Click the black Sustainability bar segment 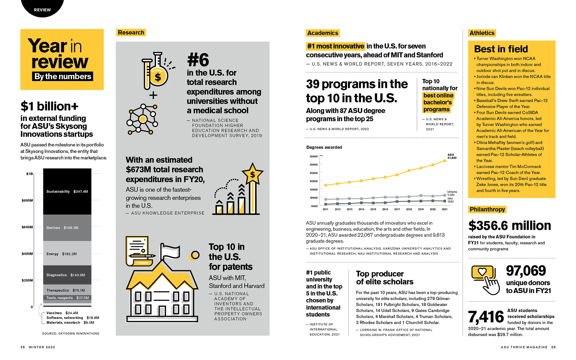[x=67, y=191]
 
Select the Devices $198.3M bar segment [x=67, y=228]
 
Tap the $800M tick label [x=27, y=200]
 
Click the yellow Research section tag [x=131, y=32]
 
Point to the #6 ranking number [x=198, y=60]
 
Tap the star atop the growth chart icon [x=252, y=174]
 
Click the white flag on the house [x=170, y=251]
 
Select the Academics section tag [x=322, y=33]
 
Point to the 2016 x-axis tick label [x=385, y=209]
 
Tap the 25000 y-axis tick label [x=313, y=173]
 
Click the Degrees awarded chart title [x=324, y=147]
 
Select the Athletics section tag [x=482, y=33]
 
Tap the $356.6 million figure [x=509, y=226]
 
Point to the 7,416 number [x=486, y=317]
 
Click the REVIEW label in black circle [x=42, y=10]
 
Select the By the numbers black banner [x=62, y=76]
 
